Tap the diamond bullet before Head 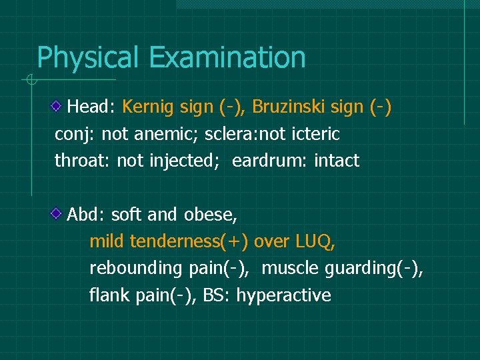click(59, 105)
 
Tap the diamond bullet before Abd click(59, 213)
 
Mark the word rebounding click(136, 268)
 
